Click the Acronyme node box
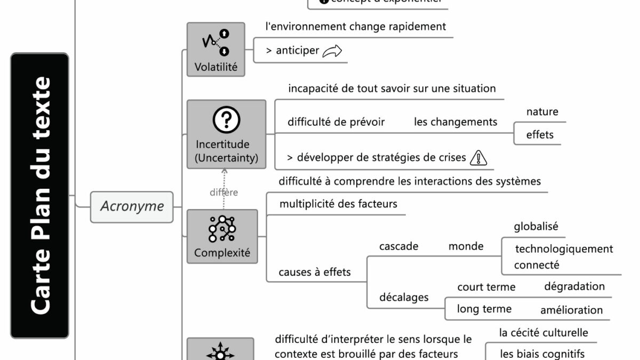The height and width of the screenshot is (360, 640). [132, 206]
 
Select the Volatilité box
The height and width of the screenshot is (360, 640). [216, 50]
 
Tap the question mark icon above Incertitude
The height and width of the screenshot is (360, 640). [226, 121]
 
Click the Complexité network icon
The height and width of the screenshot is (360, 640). [222, 229]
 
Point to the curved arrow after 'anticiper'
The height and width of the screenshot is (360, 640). [332, 51]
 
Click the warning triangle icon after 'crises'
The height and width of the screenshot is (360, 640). [479, 157]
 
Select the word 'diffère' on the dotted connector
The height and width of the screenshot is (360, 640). [223, 193]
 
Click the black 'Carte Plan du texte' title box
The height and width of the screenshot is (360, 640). [40, 195]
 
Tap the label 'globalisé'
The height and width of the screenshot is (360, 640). [536, 226]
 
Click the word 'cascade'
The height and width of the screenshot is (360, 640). [398, 246]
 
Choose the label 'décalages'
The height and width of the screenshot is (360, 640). [404, 297]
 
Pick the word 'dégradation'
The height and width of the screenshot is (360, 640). [574, 286]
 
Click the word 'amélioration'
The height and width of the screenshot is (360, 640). [571, 310]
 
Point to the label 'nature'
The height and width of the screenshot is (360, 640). [542, 111]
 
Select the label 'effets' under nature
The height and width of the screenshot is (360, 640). [540, 135]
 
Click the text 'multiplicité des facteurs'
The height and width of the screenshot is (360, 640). [338, 204]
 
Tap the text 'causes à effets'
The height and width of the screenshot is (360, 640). [315, 272]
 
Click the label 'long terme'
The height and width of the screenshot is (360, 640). [484, 309]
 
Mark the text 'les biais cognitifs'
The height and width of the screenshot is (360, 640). [542, 354]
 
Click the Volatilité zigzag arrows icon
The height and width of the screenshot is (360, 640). [216, 43]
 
